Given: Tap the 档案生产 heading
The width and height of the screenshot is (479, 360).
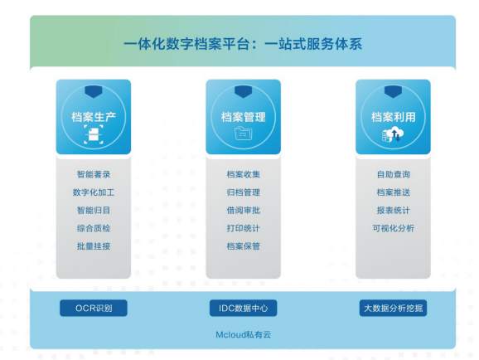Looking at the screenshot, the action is pos(94,117).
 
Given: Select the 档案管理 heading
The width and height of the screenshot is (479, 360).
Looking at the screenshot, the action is pos(243,117).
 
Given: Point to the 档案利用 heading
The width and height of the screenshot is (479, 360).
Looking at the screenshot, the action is pos(393,117).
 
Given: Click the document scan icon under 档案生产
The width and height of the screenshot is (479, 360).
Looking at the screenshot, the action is pos(94,134).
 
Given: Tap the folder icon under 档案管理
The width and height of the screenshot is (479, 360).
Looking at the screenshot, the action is pos(243,134).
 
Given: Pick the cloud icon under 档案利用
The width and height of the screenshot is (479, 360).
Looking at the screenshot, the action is pos(393,135).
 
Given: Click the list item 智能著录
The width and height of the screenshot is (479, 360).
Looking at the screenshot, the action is pos(94,174).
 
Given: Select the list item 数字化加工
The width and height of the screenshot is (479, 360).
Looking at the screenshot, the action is pos(94,192).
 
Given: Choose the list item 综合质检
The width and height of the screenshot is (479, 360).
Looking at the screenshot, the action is pos(94,228).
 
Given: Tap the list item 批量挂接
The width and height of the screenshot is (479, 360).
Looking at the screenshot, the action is pos(94,246).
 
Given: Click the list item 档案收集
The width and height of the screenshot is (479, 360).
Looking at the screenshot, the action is pos(243,174).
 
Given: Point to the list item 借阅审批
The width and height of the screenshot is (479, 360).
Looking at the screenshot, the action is pos(243,211).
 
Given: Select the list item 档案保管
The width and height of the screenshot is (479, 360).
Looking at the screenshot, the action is pos(243,246).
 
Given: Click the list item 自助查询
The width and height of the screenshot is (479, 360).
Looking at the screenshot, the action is pos(393,174).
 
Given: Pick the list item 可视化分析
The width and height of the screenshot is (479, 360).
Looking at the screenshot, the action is pos(393,228).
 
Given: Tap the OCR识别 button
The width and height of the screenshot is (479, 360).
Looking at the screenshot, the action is pos(94,308).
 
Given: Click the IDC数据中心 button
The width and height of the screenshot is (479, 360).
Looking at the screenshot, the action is pos(243,308).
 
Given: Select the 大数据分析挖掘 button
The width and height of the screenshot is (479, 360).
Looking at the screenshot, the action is pos(393,308).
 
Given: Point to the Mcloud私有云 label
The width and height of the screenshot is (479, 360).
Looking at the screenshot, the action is pos(243,334).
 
